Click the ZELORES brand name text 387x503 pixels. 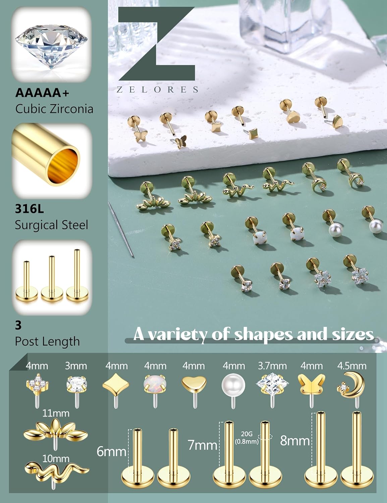[x=157, y=90]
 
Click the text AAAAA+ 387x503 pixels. [x=42, y=93]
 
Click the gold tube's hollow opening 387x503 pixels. [x=64, y=162]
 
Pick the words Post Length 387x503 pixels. [x=47, y=341]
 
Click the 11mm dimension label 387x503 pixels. [x=56, y=413]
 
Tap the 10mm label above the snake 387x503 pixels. [x=56, y=458]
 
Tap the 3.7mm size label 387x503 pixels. [x=272, y=366]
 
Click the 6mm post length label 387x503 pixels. [x=111, y=451]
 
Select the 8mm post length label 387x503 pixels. [x=295, y=440]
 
